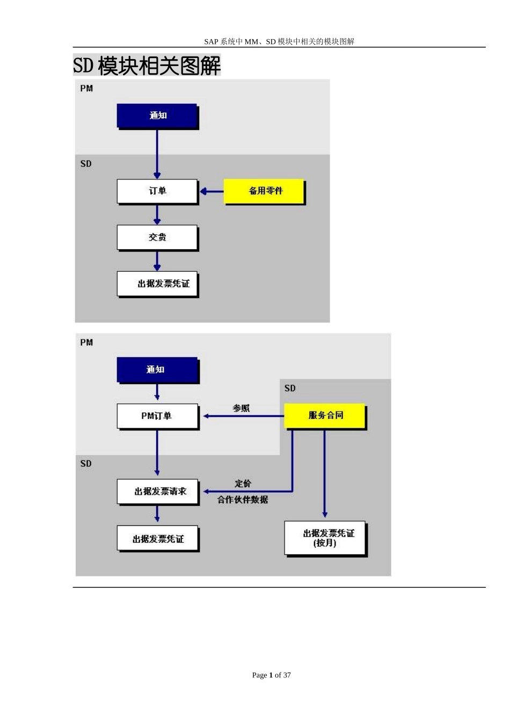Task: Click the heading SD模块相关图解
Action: [147, 66]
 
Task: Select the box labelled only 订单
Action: [157, 191]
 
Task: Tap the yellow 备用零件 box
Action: [264, 191]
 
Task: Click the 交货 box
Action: [157, 237]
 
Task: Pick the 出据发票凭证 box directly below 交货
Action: [157, 284]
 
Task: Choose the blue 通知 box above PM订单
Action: [157, 370]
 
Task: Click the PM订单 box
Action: [157, 416]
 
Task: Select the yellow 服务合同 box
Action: [324, 415]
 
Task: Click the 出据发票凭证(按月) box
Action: [325, 538]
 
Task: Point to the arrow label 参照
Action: [241, 408]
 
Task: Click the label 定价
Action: [243, 483]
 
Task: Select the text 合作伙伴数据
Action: [243, 500]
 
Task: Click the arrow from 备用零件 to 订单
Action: [212, 191]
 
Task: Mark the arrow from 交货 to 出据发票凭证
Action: [157, 261]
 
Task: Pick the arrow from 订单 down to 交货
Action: [157, 214]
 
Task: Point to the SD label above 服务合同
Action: [290, 388]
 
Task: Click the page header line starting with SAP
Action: [279, 41]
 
